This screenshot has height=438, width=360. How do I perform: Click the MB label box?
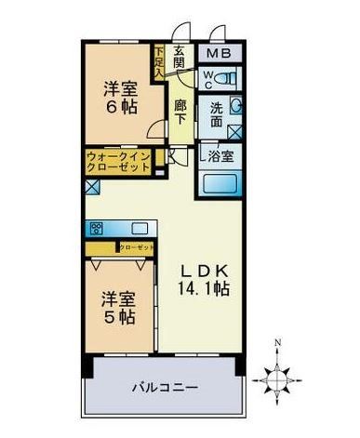[220, 54]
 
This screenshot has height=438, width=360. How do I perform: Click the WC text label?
[209, 76]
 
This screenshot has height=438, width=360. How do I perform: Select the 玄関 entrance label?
[181, 57]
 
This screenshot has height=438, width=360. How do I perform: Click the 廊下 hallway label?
[181, 112]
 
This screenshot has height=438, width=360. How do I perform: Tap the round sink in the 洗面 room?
[235, 105]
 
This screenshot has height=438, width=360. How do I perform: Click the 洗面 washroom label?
[216, 113]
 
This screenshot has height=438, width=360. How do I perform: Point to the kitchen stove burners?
[96, 227]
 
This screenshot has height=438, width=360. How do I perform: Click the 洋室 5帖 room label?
[114, 307]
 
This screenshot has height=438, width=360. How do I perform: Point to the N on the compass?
[277, 342]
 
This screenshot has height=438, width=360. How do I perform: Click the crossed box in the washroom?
[235, 130]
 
